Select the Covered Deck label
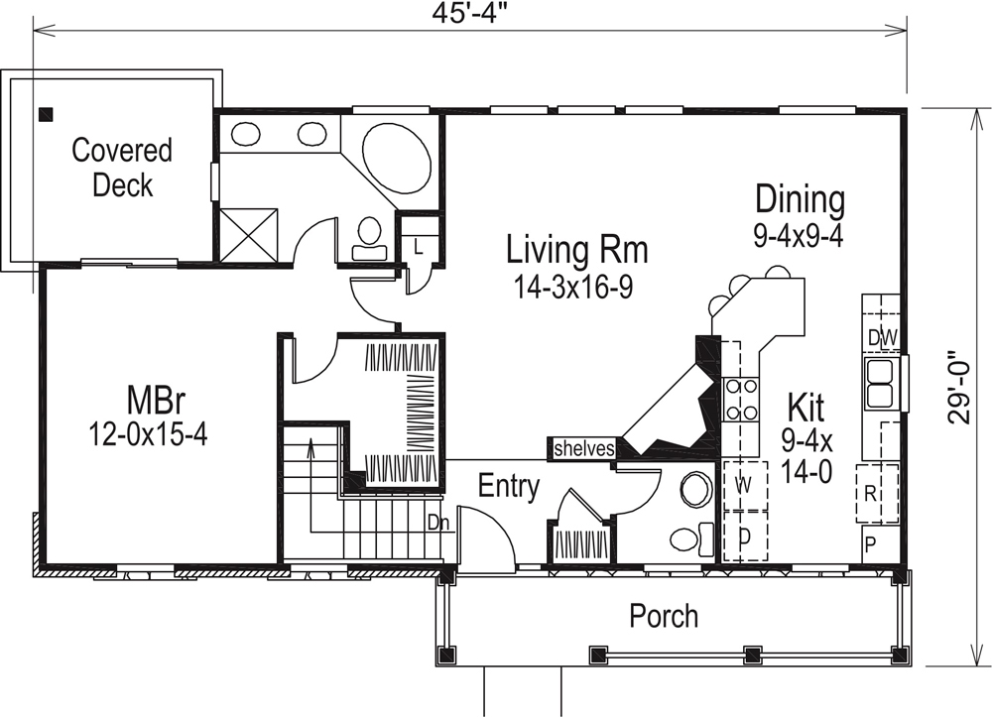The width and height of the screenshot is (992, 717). pos(122,167)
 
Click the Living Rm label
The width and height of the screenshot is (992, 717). pos(576,249)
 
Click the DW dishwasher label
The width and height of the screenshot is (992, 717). pos(881,338)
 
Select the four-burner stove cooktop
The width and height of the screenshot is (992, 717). pos(741,399)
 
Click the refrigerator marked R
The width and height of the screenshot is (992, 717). pos(869,491)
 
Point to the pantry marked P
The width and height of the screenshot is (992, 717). pos(870,543)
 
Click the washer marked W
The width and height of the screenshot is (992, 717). pos(743,485)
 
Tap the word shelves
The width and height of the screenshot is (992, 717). pos(583,448)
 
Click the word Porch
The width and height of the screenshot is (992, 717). pos(664,616)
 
